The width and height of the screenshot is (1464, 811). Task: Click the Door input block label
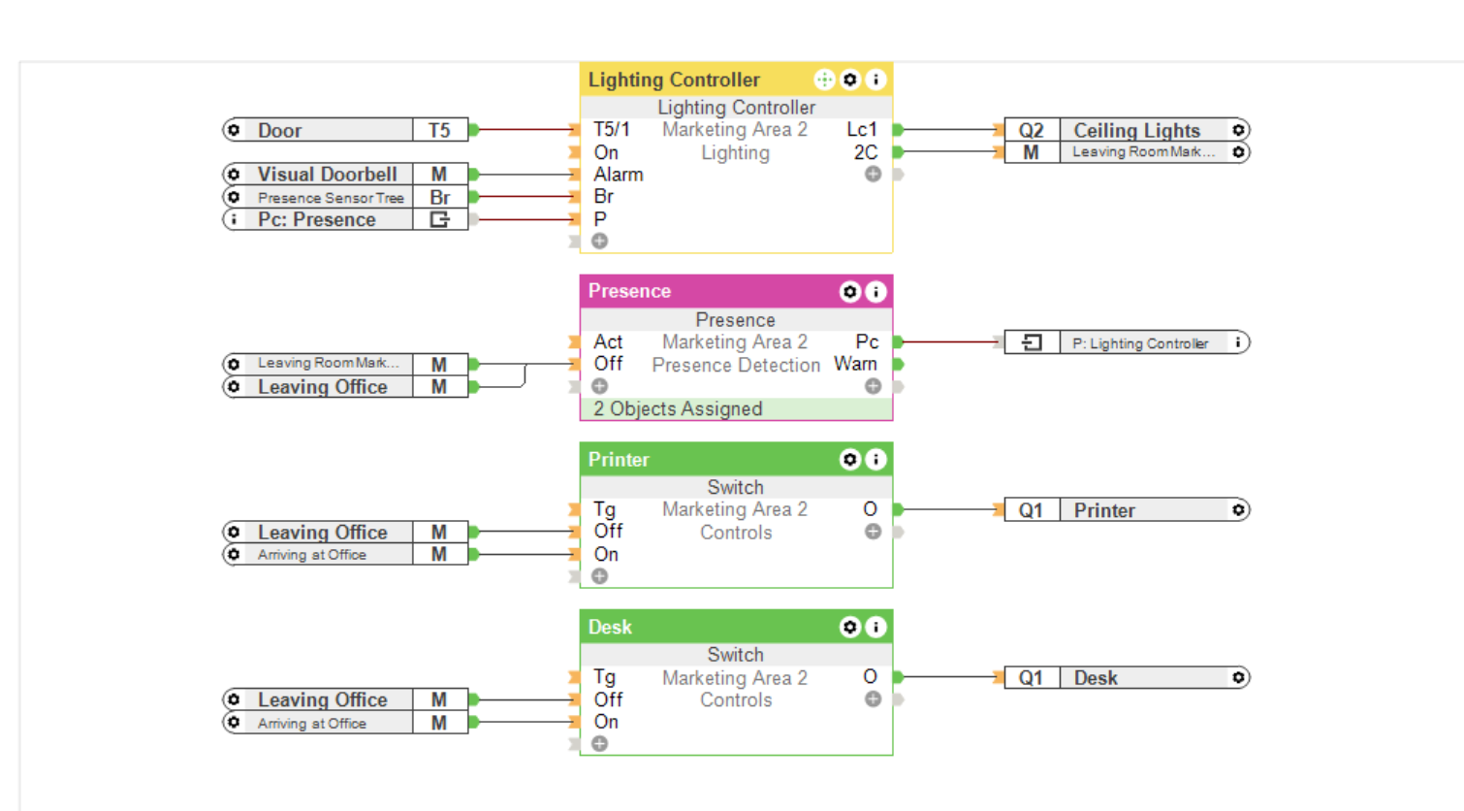click(x=280, y=130)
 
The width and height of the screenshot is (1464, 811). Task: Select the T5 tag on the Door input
click(x=439, y=130)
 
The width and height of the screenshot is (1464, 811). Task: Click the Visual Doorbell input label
click(x=327, y=175)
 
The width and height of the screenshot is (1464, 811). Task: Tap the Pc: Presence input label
click(x=316, y=220)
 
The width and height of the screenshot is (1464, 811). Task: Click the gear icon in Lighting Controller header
click(x=850, y=80)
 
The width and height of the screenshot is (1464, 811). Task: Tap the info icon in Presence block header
click(x=875, y=292)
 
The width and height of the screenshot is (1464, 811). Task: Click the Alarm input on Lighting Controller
click(x=618, y=175)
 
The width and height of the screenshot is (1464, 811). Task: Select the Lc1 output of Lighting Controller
click(x=861, y=130)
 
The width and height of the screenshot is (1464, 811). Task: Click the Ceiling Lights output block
click(x=1136, y=130)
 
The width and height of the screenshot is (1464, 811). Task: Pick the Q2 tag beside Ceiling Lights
click(x=1031, y=130)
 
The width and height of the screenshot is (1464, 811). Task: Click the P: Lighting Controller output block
click(x=1140, y=343)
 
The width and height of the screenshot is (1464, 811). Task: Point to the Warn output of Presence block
click(x=855, y=365)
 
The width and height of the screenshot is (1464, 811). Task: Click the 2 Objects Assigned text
click(x=678, y=409)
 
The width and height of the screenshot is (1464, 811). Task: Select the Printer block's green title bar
click(x=708, y=460)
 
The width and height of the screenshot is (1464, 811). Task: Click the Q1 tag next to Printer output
click(x=1031, y=511)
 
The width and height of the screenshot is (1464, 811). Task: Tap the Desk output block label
click(x=1096, y=678)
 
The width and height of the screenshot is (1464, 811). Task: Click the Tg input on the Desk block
click(x=604, y=677)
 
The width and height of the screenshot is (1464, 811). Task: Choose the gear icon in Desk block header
click(x=850, y=628)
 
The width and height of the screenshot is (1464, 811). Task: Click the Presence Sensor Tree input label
click(x=330, y=198)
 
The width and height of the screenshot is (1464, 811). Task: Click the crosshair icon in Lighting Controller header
click(x=824, y=80)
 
